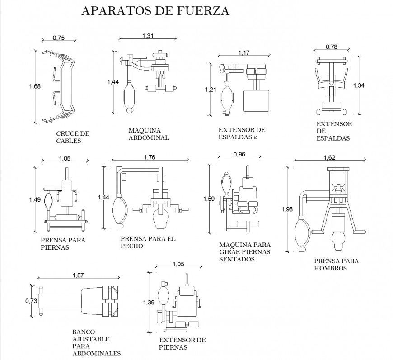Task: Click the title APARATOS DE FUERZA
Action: [155, 11]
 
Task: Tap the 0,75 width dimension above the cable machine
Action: [58, 38]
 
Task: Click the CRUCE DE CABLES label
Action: [72, 137]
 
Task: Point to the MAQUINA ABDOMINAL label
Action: [149, 134]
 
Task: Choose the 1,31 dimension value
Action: [148, 36]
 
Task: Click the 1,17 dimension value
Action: [243, 53]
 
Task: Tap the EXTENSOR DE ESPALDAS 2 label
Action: [241, 133]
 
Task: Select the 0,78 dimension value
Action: [332, 47]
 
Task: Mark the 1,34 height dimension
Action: [359, 85]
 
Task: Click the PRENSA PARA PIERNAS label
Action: [63, 244]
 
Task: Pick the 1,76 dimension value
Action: [150, 157]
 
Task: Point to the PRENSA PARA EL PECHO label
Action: [148, 242]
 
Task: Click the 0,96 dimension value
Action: [239, 154]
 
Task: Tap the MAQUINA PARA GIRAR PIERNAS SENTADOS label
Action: [244, 252]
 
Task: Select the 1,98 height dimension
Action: [286, 209]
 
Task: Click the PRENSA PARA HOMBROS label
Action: [336, 265]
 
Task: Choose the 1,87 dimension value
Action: [78, 275]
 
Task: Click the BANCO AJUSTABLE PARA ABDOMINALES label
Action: [96, 342]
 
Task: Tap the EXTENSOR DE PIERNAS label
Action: [182, 344]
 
